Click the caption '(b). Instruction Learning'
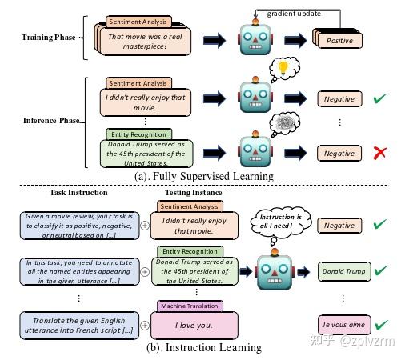pyautogui.click(x=205, y=347)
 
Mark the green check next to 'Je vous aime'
pyautogui.click(x=383, y=325)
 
